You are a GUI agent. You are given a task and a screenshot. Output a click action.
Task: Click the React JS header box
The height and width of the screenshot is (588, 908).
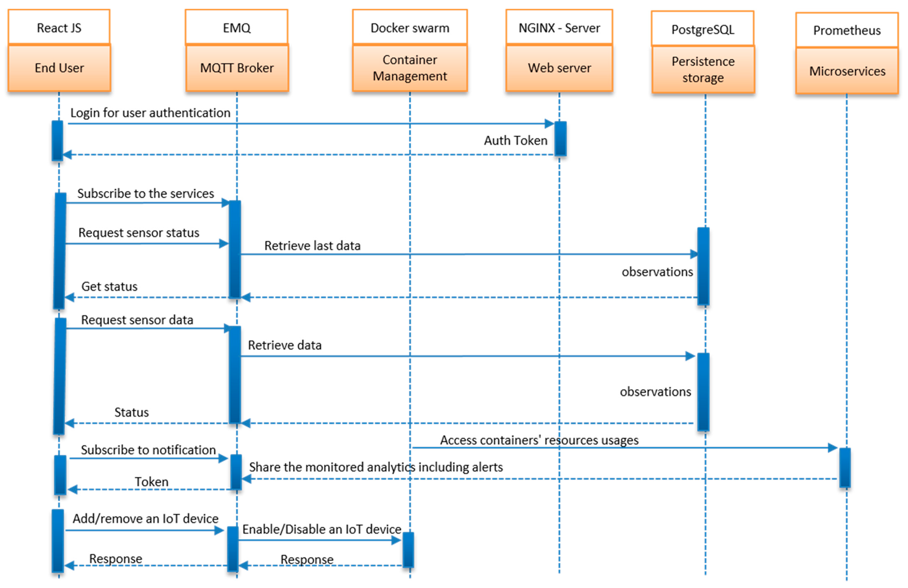[59, 28]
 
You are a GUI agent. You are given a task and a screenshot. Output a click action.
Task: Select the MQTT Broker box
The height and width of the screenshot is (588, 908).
[237, 68]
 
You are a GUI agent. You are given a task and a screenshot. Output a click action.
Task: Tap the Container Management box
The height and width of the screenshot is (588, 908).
[410, 68]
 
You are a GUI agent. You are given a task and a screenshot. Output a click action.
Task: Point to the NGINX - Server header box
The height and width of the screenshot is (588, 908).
[559, 28]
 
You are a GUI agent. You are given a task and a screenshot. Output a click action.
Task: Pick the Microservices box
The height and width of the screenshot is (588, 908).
[847, 71]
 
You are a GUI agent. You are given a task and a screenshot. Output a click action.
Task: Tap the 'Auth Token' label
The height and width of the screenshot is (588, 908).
[515, 141]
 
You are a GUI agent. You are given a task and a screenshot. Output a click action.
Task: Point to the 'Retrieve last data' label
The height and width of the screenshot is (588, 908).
[312, 246]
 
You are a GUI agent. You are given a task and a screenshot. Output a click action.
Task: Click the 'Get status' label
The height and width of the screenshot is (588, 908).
[110, 286]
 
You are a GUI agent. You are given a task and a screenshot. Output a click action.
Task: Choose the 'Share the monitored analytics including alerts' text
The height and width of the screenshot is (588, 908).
[376, 467]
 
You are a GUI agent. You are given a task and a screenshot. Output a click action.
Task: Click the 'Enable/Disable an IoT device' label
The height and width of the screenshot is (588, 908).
[322, 529]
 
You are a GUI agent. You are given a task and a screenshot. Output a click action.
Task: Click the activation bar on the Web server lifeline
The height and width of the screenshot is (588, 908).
[560, 139]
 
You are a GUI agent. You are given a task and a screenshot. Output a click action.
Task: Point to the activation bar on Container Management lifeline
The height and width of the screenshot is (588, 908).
[408, 550]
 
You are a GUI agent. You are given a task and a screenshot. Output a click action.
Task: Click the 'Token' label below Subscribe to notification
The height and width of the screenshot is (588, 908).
[151, 482]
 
